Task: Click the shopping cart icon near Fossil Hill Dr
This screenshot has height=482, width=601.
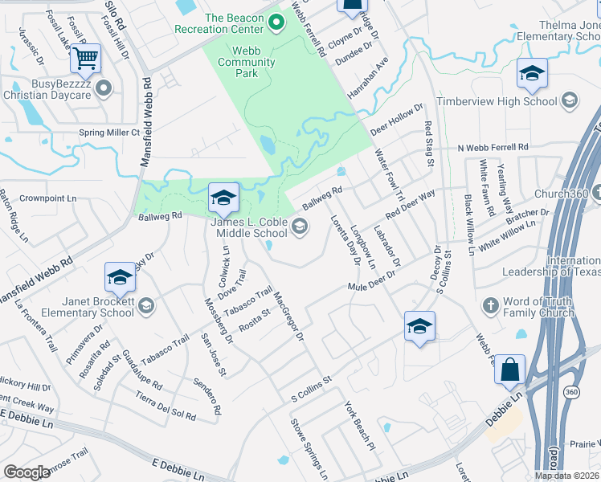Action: pyautogui.click(x=85, y=58)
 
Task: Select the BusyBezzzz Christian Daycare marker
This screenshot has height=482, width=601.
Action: pyautogui.click(x=102, y=88)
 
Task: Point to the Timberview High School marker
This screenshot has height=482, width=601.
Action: pyautogui.click(x=570, y=100)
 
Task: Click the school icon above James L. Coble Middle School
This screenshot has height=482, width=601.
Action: pyautogui.click(x=223, y=197)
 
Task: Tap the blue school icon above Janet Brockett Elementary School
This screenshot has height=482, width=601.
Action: pyautogui.click(x=120, y=277)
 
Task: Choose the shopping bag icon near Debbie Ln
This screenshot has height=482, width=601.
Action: pyautogui.click(x=509, y=370)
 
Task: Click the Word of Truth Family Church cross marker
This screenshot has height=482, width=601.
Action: pyautogui.click(x=491, y=305)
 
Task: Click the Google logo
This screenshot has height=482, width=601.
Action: pyautogui.click(x=27, y=472)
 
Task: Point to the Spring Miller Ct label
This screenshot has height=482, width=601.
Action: pyautogui.click(x=108, y=133)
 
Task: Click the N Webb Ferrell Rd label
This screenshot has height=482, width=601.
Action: pyautogui.click(x=493, y=148)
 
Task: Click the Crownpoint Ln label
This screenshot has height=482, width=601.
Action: pyautogui.click(x=47, y=198)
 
